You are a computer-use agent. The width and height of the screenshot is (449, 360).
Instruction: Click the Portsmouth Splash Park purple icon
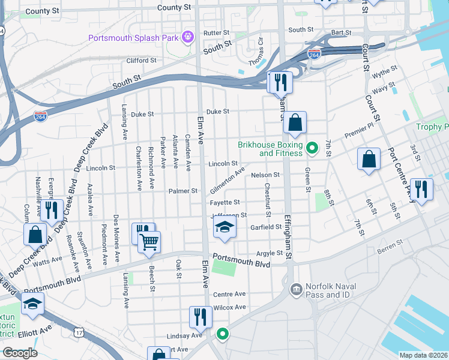(188, 37)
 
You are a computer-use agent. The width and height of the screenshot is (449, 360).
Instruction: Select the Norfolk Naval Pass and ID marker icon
(295, 290)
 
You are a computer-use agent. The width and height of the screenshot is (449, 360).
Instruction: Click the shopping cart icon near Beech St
(149, 242)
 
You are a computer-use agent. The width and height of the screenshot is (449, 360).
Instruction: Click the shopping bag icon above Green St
(295, 123)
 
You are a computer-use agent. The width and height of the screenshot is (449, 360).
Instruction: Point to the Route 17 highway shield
(79, 332)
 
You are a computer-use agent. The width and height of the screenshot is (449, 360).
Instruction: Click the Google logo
(19, 353)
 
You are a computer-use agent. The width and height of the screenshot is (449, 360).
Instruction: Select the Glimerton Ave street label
(227, 180)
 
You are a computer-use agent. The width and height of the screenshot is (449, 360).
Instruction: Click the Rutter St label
(217, 32)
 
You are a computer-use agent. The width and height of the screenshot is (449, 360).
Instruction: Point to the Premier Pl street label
(359, 130)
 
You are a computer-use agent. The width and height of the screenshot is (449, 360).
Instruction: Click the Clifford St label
(141, 61)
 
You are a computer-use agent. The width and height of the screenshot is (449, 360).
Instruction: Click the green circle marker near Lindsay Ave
(222, 334)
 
